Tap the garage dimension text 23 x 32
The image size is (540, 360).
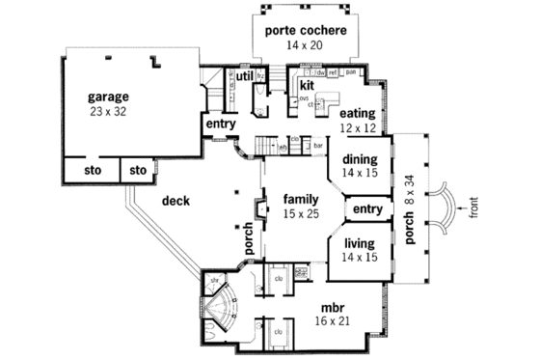tap(109, 111)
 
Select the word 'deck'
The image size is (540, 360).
tap(175, 201)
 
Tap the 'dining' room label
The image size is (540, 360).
tap(360, 159)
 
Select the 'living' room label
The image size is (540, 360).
tap(360, 245)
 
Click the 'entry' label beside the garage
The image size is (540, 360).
tap(221, 124)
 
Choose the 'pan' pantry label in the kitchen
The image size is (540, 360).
tap(350, 72)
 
